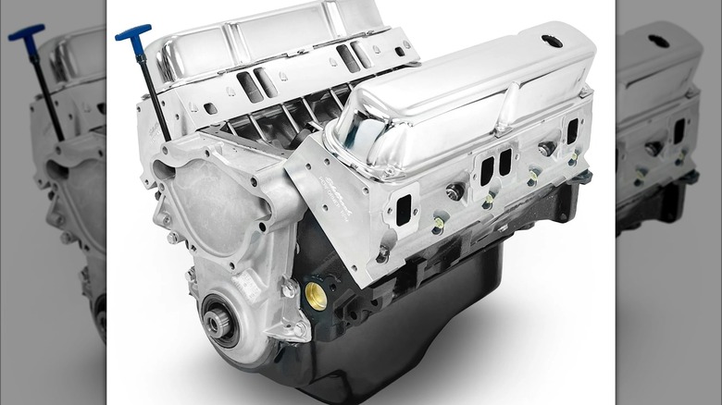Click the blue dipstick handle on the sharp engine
coord(133,35)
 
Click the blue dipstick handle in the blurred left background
coord(26,35)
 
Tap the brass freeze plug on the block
coord(316,296)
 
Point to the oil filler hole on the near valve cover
coord(553,42)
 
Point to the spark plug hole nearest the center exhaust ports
coord(455,191)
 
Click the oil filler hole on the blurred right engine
coord(658,41)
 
